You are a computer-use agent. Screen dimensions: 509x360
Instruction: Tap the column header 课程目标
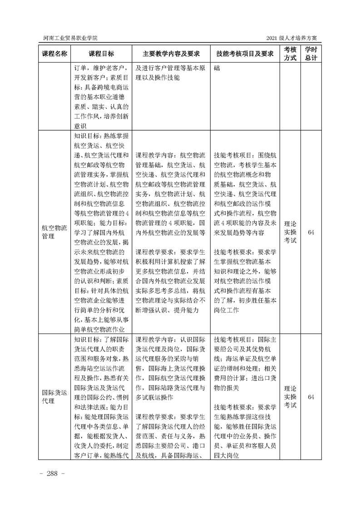(x=101, y=54)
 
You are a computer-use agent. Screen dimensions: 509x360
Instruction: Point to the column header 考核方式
(x=290, y=54)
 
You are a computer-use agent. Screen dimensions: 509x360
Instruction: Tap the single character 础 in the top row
(x=217, y=69)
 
